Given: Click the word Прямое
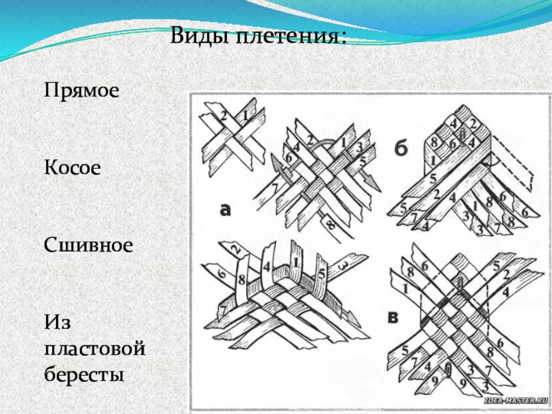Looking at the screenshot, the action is [x=82, y=90].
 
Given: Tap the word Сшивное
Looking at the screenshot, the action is [x=88, y=245].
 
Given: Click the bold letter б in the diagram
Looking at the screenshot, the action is [x=402, y=149].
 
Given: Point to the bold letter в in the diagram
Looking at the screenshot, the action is [x=393, y=318].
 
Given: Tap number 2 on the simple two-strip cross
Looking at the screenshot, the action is [x=224, y=115].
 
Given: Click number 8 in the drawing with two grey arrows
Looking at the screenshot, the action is [x=331, y=224].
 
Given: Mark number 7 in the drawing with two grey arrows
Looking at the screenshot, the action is [x=276, y=186].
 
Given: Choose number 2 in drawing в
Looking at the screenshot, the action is [x=506, y=274].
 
